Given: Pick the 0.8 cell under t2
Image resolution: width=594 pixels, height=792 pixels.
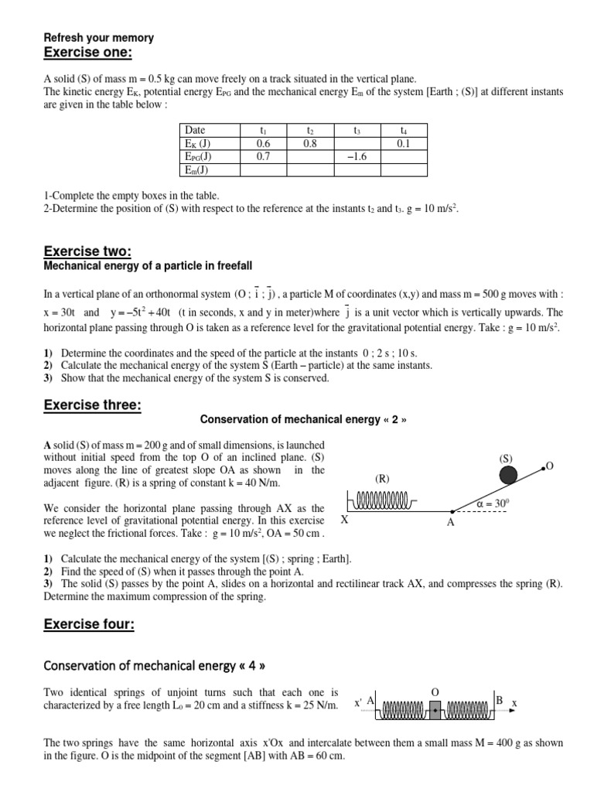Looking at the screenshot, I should point(309,143).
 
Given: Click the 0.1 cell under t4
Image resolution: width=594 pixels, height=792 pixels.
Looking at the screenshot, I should point(403,143).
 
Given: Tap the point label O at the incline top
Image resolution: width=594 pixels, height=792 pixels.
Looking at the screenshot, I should point(550,466).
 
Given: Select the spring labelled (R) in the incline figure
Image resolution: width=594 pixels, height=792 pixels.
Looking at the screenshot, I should point(381,504).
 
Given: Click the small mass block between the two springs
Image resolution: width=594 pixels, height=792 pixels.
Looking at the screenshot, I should point(434,707).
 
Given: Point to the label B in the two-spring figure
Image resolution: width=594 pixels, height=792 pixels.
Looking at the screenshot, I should point(500,700).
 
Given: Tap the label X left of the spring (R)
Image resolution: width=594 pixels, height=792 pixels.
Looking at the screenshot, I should point(345,521).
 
